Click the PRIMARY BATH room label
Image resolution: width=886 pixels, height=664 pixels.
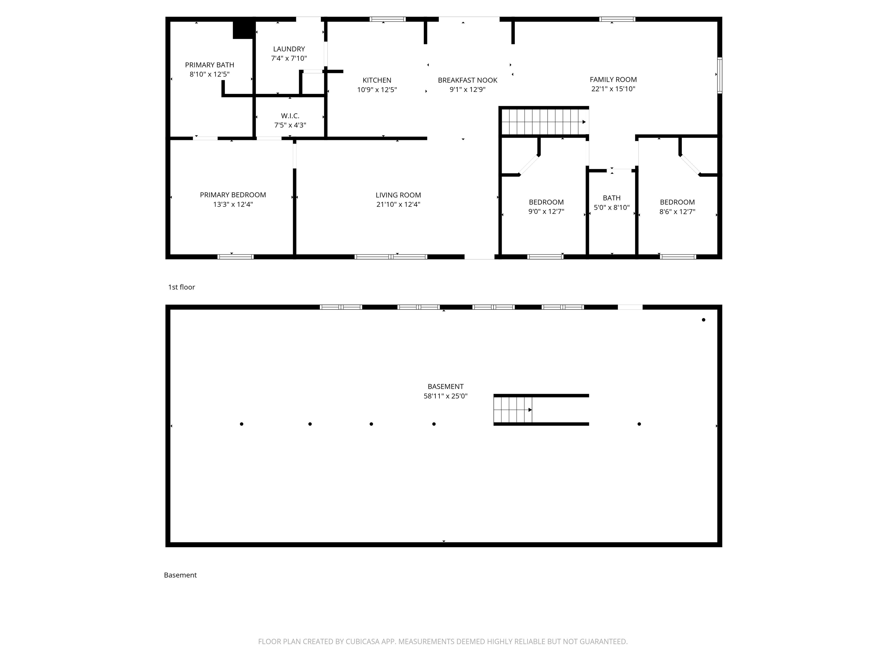pyautogui.click(x=209, y=65)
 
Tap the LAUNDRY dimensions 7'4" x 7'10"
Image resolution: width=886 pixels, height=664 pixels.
pyautogui.click(x=289, y=59)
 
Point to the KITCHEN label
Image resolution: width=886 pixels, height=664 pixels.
pyautogui.click(x=377, y=80)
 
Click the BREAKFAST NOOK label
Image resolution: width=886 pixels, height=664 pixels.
pyautogui.click(x=468, y=80)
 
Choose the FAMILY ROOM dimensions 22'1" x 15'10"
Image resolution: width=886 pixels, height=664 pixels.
pyautogui.click(x=613, y=89)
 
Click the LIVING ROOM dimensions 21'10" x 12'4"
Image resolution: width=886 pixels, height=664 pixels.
pyautogui.click(x=398, y=205)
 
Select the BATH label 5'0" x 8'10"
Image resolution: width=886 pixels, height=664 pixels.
pyautogui.click(x=612, y=203)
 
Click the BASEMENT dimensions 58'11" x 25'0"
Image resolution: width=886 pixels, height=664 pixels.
pyautogui.click(x=445, y=396)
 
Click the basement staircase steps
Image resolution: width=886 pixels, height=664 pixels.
pyautogui.click(x=513, y=410)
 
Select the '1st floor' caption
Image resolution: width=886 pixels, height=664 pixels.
pyautogui.click(x=181, y=287)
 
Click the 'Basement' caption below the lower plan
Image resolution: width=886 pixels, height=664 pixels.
pyautogui.click(x=180, y=575)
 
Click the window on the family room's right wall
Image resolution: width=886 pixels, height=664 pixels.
pyautogui.click(x=719, y=76)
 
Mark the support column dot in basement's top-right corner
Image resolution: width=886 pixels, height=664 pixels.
pyautogui.click(x=703, y=320)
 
